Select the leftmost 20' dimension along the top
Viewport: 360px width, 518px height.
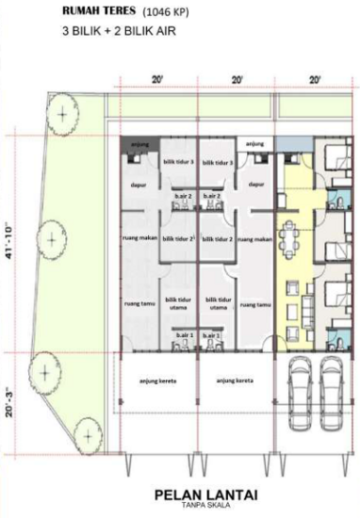click(x=156, y=81)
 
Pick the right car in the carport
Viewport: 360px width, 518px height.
click(x=333, y=390)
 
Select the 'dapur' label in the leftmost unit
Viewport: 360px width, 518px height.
click(x=139, y=185)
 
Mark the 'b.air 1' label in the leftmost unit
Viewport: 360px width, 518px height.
click(x=183, y=335)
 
